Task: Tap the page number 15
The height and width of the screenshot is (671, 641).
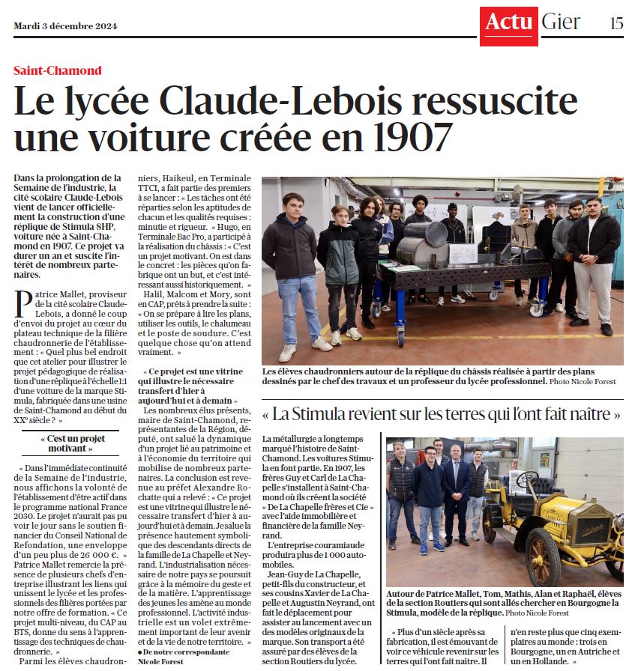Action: coord(616,23)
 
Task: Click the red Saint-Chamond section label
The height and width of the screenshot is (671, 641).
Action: coord(57,71)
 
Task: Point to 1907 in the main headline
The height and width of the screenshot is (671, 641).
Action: coord(412,137)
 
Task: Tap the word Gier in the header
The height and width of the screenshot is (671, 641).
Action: coord(561,22)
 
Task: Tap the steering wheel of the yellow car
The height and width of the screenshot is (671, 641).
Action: coord(528,480)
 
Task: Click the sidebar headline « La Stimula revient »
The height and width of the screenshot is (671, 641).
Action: coord(442,413)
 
